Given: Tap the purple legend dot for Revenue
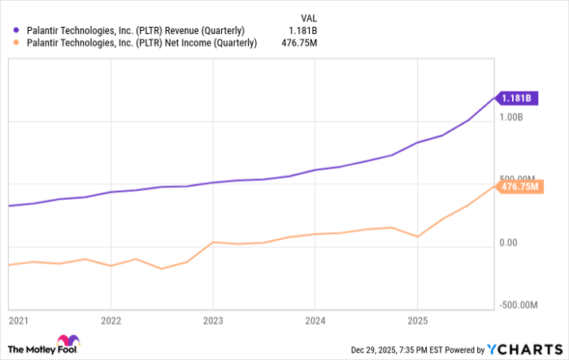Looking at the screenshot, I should [17, 32].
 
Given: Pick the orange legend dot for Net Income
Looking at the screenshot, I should [17, 44].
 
